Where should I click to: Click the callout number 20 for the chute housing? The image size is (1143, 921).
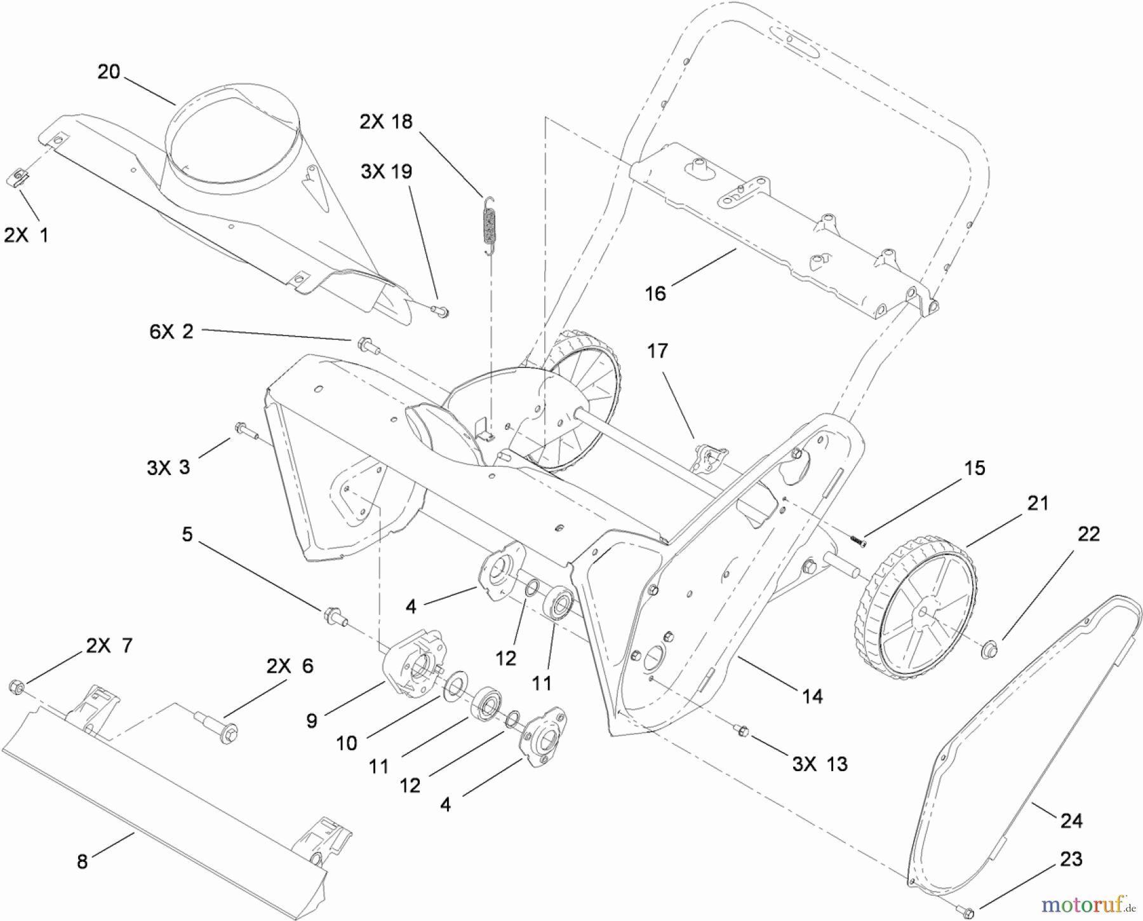point(109,72)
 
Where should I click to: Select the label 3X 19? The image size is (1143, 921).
point(386,171)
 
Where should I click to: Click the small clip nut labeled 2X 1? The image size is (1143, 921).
point(18,177)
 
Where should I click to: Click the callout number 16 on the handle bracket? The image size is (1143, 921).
point(655,293)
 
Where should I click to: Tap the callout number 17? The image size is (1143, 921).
point(658,351)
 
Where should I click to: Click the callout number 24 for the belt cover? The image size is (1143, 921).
point(1071,821)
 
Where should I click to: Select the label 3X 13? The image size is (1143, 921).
point(819,763)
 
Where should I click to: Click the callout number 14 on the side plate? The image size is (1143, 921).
point(812,696)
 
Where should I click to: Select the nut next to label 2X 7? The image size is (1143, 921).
point(17,687)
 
